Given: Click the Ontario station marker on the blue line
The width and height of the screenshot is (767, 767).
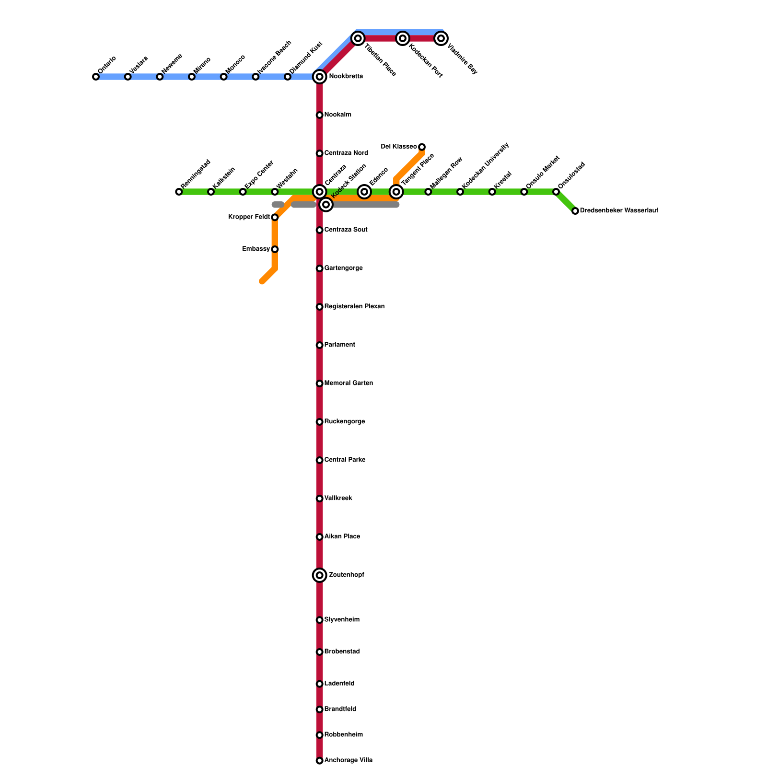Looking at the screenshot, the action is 96,77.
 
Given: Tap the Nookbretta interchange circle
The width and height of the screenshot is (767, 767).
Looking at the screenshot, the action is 320,77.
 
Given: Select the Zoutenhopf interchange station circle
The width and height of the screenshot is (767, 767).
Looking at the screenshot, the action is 320,575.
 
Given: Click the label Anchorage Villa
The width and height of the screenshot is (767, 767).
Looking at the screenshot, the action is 348,760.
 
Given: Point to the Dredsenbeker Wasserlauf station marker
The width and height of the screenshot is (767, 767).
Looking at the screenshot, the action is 575,211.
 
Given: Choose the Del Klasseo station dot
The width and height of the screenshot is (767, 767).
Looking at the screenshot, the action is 422,147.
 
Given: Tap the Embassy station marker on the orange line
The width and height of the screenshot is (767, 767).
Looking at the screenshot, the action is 275,249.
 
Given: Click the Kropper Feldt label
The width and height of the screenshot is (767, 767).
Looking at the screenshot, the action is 249,217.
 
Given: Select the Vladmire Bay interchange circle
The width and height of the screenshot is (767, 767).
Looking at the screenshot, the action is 441,38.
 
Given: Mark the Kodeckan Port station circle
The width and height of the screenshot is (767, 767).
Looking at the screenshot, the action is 403,38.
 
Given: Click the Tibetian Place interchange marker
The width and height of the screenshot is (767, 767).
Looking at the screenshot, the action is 358,38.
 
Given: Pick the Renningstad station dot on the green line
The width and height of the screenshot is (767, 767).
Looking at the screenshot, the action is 179,192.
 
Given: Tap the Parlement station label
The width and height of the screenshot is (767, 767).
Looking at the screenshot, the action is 339,345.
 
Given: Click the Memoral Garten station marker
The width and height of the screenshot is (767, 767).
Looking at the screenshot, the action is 320,383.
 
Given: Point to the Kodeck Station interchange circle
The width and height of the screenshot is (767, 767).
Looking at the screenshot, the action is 326,205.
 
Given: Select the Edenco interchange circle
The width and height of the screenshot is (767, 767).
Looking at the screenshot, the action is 364,192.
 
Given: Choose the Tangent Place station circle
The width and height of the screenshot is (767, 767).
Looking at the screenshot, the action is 396,192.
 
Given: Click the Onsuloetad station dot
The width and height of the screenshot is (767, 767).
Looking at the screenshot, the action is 556,192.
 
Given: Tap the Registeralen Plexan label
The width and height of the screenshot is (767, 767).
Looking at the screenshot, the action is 354,307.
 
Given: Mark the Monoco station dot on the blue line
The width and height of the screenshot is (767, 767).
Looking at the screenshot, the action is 224,77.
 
